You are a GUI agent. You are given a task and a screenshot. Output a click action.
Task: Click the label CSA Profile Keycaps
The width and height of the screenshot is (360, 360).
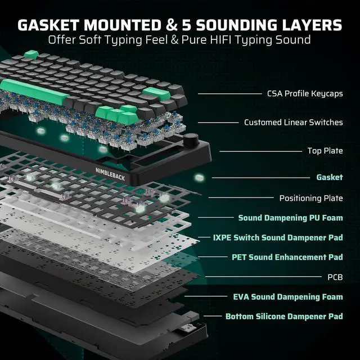(305, 93)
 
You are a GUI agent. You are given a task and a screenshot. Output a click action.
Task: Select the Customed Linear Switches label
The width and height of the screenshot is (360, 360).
(293, 122)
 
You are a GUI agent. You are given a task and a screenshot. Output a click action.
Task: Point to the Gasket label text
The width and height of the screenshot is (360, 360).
(329, 177)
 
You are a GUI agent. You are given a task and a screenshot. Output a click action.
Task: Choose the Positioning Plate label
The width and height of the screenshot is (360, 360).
(311, 198)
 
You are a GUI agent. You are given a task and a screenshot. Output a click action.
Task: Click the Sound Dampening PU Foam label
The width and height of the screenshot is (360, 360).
(290, 218)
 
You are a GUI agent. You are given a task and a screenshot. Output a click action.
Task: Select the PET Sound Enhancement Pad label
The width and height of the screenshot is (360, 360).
(287, 257)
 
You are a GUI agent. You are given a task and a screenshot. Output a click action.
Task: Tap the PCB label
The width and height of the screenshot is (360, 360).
(335, 277)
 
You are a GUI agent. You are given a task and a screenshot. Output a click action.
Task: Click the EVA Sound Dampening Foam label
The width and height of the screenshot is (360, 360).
(287, 296)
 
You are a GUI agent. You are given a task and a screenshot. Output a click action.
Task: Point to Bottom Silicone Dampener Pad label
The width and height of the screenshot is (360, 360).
(284, 316)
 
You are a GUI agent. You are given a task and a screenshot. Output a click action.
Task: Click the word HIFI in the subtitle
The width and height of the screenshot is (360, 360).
(224, 40)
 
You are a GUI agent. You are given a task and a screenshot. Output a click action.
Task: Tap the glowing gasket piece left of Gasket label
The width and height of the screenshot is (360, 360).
(198, 178)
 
